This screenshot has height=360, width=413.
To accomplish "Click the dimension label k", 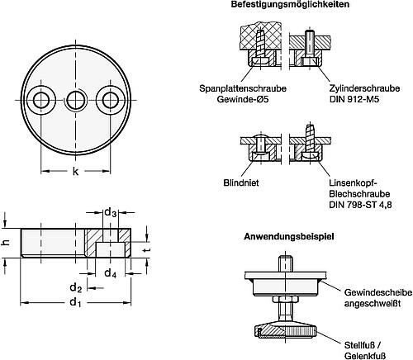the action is (x=75, y=172).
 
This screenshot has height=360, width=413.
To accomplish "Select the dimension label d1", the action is (x=75, y=302).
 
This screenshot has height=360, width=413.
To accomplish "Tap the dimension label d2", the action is (x=75, y=288).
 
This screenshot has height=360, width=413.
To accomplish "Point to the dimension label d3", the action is (x=110, y=213).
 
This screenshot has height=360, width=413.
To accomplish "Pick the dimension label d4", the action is (x=110, y=273).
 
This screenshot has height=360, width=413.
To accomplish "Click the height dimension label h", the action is (x=7, y=243).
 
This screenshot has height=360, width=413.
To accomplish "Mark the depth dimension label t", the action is (x=147, y=250).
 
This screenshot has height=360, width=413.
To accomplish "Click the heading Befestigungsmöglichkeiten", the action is (x=290, y=4).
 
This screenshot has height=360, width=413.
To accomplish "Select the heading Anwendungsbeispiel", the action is (x=289, y=236).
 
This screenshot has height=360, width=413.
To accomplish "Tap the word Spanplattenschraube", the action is (x=243, y=88).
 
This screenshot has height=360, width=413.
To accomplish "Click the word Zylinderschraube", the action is (x=364, y=88).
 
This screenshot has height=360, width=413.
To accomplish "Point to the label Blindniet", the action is (x=241, y=182).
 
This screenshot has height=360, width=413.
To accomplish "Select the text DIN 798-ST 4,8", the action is (x=360, y=205).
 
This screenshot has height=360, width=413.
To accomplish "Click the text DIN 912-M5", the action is (x=354, y=99).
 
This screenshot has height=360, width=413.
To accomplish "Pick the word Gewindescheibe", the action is (x=378, y=292).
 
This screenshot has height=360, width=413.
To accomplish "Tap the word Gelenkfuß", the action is (x=364, y=356).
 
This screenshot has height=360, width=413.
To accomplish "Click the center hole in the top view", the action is (x=75, y=100).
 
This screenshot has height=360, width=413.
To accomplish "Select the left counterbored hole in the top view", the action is (x=41, y=100).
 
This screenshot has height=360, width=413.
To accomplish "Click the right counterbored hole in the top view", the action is (x=110, y=100).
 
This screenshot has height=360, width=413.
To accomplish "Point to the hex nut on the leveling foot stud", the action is (x=286, y=299).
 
